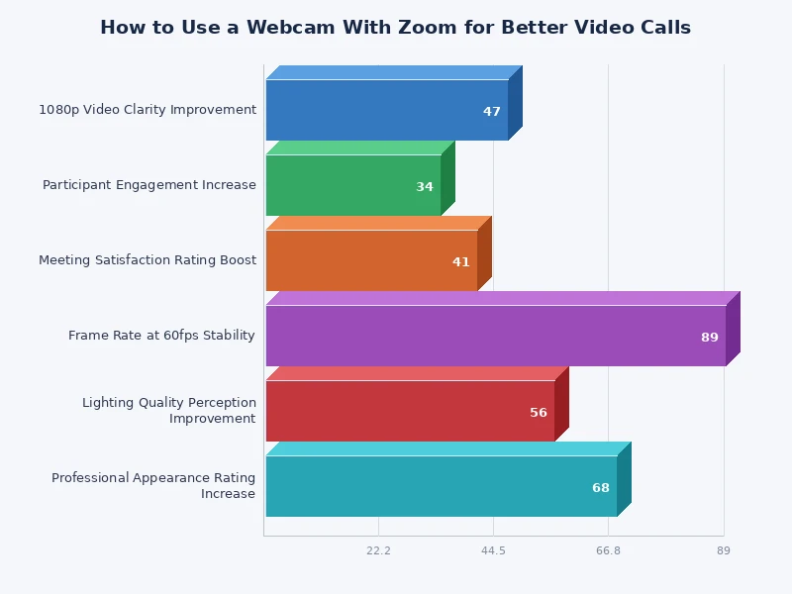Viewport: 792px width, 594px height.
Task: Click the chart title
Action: tap(395, 28)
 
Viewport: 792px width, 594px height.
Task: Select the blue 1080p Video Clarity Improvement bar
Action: tap(386, 110)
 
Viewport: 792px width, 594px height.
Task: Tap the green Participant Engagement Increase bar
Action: tap(352, 185)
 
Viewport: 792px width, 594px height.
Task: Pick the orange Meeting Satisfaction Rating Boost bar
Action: tap(371, 260)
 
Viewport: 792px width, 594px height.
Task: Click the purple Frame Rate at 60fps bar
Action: tap(495, 336)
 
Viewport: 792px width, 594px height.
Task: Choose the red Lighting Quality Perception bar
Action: tap(410, 411)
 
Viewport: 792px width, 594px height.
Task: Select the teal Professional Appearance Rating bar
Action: tap(441, 486)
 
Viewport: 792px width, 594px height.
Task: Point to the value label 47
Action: tap(492, 112)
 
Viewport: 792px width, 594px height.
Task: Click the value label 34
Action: tap(425, 187)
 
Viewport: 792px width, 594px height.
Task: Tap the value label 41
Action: tap(461, 262)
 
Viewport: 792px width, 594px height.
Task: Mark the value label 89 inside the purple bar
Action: tap(710, 338)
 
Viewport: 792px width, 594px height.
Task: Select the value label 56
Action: tap(539, 413)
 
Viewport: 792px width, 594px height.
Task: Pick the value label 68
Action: tap(601, 488)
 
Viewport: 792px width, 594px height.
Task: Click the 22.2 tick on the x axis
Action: tap(378, 550)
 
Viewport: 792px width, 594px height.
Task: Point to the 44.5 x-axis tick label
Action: tap(493, 550)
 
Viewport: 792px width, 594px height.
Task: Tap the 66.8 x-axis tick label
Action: tap(608, 550)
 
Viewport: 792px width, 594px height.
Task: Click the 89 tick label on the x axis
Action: tap(724, 550)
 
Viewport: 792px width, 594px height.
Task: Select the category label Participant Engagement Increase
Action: tap(149, 185)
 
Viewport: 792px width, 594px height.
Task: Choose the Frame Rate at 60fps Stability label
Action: tap(162, 336)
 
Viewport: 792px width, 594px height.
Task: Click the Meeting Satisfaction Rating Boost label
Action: tap(148, 260)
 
